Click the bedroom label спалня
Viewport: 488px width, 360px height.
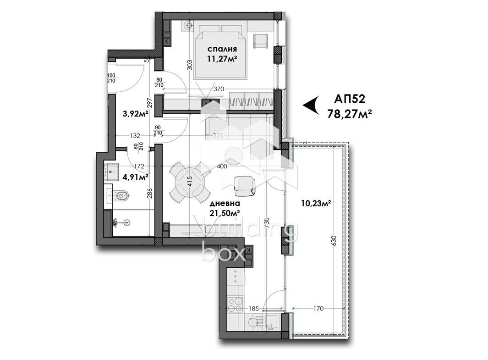click(222, 49)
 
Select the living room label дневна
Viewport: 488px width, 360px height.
click(225, 204)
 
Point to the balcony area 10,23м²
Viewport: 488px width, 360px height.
click(316, 203)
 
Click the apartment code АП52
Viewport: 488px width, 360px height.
click(350, 99)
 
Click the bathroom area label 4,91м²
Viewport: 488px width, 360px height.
click(135, 177)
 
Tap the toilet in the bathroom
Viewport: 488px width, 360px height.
click(122, 196)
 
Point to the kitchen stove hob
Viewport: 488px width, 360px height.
click(235, 305)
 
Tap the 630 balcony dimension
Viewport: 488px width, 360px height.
click(334, 241)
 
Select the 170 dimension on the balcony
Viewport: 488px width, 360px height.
click(318, 309)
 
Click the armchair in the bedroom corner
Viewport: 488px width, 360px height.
click(260, 41)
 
